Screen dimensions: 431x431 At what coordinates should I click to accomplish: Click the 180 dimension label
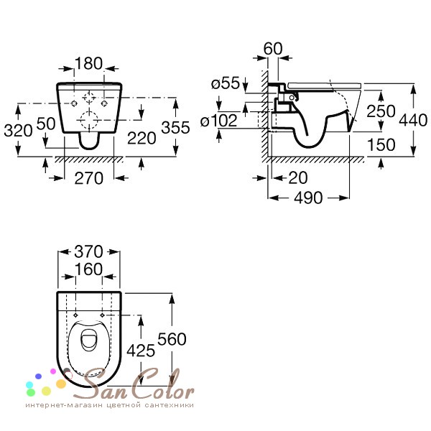coord(88,63)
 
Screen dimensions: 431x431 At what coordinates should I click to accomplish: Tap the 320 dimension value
coord(18,131)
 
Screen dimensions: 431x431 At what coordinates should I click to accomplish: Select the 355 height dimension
coord(175,128)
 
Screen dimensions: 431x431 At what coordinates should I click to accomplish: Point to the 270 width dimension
coord(89,178)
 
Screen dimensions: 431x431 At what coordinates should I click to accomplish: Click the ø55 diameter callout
coord(226,83)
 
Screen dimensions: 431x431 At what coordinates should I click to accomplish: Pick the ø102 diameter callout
coord(219,121)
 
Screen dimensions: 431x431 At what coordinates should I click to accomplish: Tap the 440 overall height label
coord(413,120)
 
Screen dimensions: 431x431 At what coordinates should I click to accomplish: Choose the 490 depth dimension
coord(308,198)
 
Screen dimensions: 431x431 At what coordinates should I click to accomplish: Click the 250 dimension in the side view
coord(381,111)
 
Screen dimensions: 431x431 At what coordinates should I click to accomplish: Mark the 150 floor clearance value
coord(381,144)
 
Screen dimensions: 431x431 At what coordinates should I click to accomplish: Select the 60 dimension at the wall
coord(273,49)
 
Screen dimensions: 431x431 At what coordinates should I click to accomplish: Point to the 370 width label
coord(88,251)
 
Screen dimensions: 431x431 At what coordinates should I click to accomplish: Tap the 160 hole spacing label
coord(88,269)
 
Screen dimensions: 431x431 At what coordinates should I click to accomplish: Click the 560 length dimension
coord(172,339)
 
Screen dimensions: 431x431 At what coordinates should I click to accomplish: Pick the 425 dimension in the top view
coord(141,351)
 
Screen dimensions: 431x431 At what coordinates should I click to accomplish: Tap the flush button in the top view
coord(88,340)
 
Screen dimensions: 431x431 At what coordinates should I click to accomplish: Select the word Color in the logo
coord(164,386)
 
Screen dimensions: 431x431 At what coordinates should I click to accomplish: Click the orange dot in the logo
coord(61,384)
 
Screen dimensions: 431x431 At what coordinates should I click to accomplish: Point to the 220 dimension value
coord(142,138)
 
